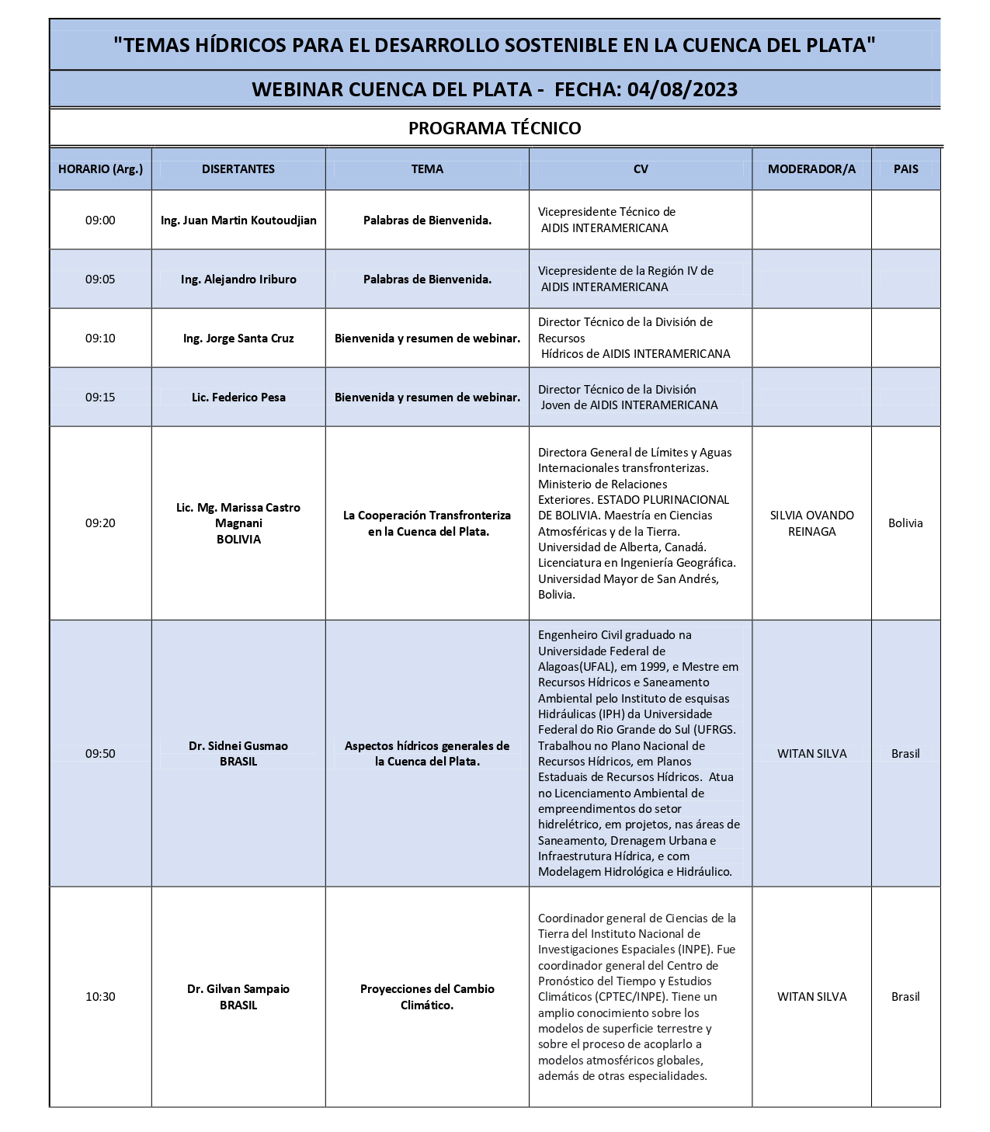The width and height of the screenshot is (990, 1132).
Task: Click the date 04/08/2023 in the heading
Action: click(x=683, y=89)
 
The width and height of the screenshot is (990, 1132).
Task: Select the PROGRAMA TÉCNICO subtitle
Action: click(x=495, y=128)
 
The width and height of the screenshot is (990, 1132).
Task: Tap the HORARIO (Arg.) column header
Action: click(x=100, y=168)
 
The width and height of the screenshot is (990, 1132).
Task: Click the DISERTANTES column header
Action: click(x=238, y=168)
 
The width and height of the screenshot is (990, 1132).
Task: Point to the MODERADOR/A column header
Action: click(x=811, y=168)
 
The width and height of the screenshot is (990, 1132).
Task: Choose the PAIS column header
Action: click(x=905, y=168)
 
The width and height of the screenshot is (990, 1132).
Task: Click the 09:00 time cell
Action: click(x=100, y=220)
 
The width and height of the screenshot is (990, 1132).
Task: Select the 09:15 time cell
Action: click(x=100, y=397)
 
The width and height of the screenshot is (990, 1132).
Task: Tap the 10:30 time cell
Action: click(x=100, y=996)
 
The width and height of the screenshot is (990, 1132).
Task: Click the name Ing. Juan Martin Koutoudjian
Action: click(x=238, y=220)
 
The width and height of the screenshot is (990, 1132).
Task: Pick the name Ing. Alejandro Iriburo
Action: click(x=238, y=279)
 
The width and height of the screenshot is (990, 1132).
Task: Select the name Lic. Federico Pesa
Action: click(x=238, y=397)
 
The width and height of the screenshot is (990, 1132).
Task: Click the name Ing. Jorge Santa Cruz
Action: click(x=238, y=338)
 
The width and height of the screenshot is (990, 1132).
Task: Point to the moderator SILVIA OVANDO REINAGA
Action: click(x=811, y=523)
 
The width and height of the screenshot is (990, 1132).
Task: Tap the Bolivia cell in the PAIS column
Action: click(x=905, y=523)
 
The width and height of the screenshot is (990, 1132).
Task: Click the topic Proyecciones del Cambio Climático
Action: click(x=427, y=996)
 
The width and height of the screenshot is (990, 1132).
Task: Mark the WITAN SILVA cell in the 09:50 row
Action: click(x=811, y=753)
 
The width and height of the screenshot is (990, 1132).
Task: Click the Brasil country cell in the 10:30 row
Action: click(x=905, y=996)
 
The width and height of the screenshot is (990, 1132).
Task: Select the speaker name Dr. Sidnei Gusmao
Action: click(x=238, y=745)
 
